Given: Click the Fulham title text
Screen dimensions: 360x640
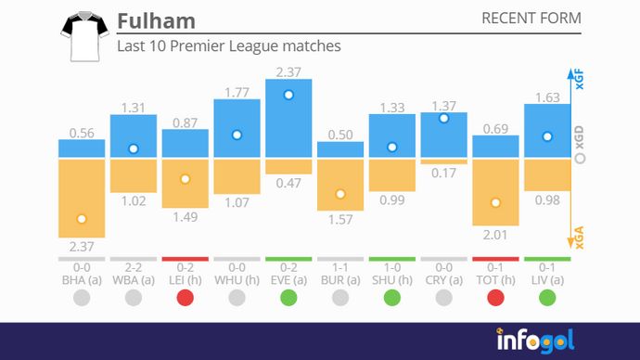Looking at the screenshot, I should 158,20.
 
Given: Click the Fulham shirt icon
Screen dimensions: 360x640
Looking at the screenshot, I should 81,37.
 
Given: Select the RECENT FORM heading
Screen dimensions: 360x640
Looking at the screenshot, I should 531,19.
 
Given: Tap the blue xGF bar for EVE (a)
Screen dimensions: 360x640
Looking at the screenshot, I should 288,118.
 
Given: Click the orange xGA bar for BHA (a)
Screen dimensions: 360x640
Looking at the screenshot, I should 82,198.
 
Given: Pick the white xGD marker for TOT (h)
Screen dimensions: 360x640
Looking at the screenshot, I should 495,202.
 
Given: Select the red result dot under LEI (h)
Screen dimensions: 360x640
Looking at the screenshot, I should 185,298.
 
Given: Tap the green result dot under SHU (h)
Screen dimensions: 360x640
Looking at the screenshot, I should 392,298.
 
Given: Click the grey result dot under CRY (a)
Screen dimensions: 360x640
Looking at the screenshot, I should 444,298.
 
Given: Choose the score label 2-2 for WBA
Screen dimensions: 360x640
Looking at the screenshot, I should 134,266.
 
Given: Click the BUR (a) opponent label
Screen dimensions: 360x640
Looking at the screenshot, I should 340,278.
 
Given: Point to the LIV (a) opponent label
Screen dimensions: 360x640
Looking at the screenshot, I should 547,278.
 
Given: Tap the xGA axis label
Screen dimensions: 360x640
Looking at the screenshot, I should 580,235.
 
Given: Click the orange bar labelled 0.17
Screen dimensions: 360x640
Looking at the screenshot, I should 444,161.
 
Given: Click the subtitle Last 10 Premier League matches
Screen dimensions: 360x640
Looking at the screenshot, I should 229,45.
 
